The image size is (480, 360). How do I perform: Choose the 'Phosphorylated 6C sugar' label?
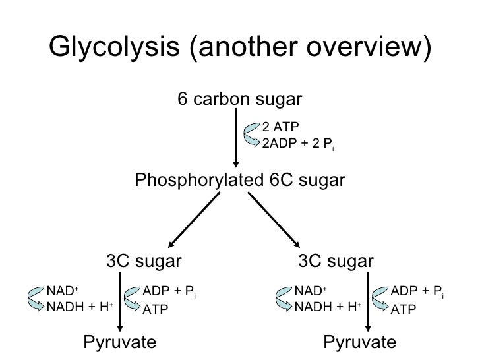(240, 180)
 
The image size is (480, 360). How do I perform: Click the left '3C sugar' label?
(143, 262)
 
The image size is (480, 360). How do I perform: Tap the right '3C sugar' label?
(336, 262)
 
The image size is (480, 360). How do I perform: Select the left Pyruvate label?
(119, 342)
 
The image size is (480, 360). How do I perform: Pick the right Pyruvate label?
(360, 342)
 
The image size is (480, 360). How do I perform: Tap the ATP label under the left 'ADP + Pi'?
(156, 309)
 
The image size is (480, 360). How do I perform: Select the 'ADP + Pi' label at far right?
(417, 291)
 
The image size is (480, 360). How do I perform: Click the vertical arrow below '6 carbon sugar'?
(235, 138)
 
